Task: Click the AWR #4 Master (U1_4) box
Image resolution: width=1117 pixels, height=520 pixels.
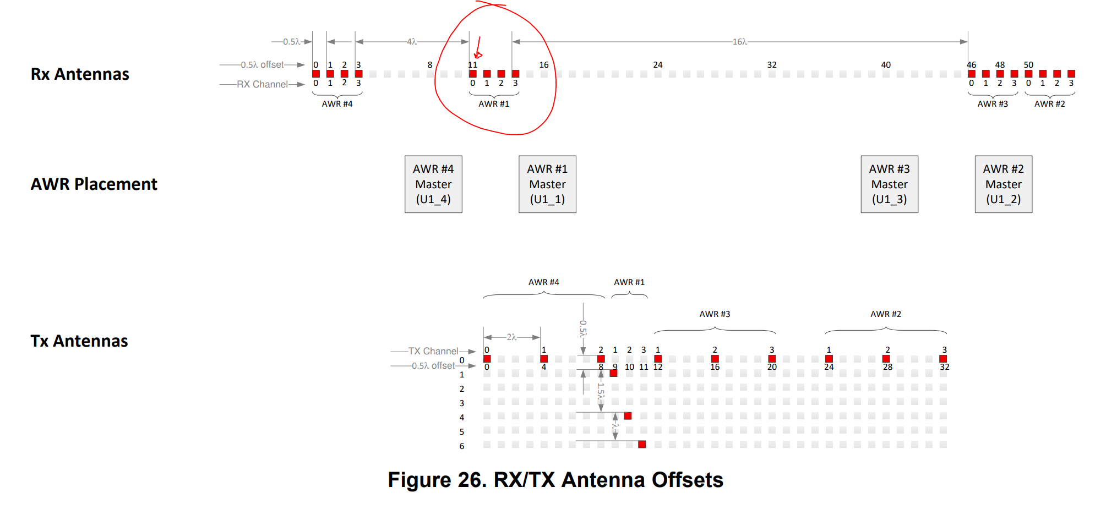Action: (x=433, y=184)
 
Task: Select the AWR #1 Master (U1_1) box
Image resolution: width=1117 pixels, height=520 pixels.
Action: (x=547, y=184)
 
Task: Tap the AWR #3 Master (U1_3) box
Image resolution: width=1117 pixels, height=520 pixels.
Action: (x=889, y=184)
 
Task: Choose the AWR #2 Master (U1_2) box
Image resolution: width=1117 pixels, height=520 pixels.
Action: (x=1003, y=184)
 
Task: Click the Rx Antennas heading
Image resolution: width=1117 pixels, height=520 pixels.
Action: (x=80, y=74)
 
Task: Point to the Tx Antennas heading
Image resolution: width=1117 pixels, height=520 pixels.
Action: (x=79, y=341)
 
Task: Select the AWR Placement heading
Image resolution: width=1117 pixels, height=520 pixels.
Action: (x=94, y=184)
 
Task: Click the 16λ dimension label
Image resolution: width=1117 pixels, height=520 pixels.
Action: (x=739, y=42)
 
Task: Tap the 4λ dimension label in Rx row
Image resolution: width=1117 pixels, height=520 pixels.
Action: (x=412, y=42)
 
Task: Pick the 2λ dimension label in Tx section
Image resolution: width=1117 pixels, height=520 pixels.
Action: (x=512, y=337)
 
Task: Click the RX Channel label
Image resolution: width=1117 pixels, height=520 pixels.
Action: (x=262, y=84)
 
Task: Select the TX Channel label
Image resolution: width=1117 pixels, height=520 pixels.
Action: (x=433, y=351)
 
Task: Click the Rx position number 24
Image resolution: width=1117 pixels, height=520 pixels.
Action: (x=658, y=65)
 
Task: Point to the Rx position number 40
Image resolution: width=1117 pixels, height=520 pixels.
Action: (x=886, y=65)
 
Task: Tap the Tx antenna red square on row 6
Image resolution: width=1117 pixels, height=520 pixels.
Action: (x=642, y=444)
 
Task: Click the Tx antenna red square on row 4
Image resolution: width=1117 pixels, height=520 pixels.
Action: (x=628, y=415)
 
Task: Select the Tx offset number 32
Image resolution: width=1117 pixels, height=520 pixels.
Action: (x=944, y=367)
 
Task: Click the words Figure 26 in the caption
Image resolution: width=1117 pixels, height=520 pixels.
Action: (x=438, y=480)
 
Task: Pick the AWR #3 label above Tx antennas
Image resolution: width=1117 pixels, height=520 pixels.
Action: (x=715, y=314)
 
